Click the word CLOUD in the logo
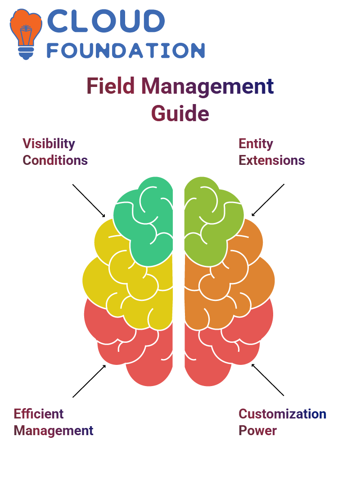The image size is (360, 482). [106, 21]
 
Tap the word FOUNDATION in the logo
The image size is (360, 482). [126, 50]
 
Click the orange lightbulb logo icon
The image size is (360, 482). [26, 34]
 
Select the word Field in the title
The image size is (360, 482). [111, 86]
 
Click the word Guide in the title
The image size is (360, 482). [180, 114]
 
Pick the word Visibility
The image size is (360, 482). [49, 144]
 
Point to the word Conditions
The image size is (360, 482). [55, 160]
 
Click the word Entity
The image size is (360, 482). [256, 144]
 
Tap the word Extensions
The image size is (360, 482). [272, 160]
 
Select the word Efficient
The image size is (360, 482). [39, 414]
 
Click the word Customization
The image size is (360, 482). [283, 414]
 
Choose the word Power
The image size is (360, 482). [258, 431]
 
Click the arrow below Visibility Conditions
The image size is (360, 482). [89, 201]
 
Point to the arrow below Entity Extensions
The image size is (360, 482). [268, 200]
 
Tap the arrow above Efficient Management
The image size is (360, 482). [90, 381]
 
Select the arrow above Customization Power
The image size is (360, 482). [268, 380]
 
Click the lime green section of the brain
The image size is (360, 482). [209, 221]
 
